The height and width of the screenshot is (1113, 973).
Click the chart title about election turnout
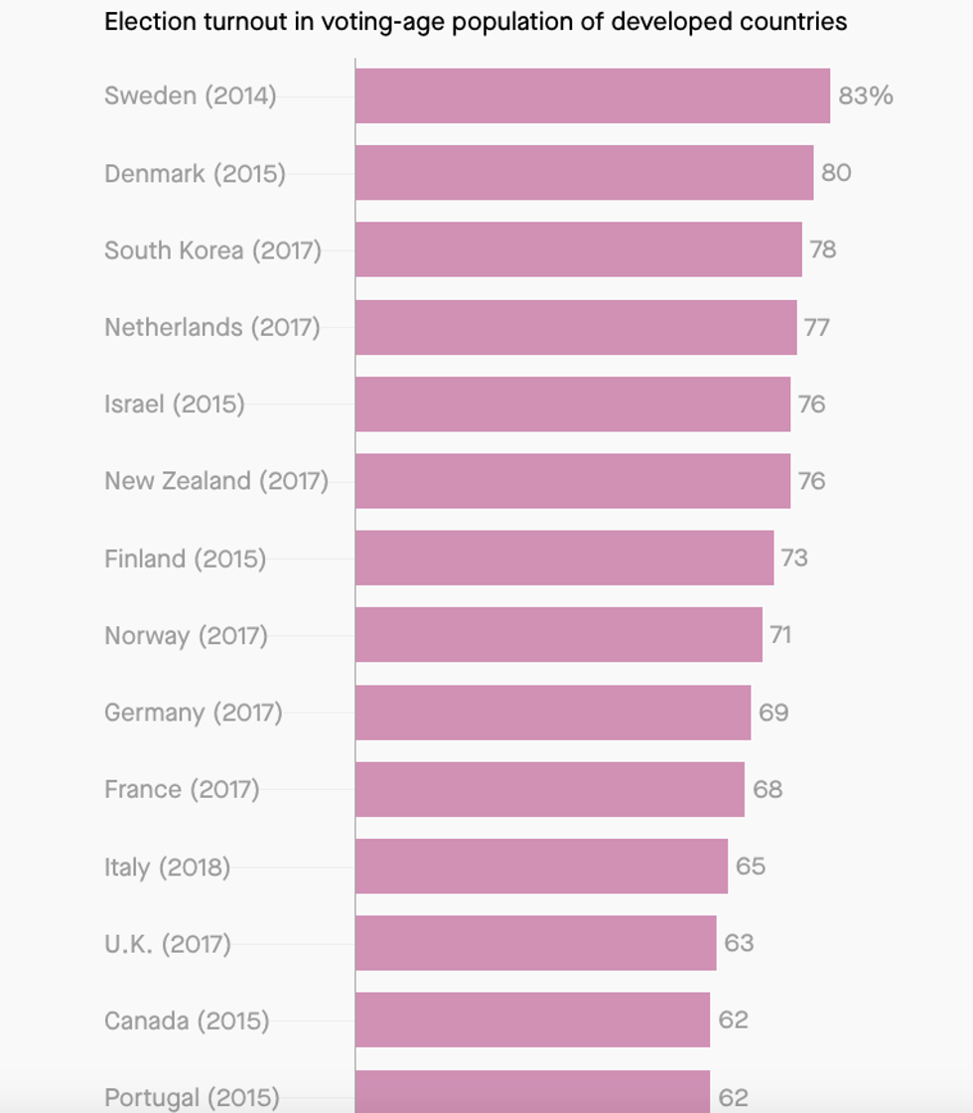[x=476, y=22]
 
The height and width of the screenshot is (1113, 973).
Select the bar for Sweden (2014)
[x=592, y=95]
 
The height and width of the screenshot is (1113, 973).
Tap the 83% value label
[x=866, y=95]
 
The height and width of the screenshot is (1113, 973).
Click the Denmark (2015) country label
[x=195, y=173]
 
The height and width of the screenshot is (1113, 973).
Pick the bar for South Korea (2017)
[x=578, y=249]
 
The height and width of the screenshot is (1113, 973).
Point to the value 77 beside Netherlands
[x=816, y=327]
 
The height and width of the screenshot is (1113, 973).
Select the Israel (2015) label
[x=174, y=403]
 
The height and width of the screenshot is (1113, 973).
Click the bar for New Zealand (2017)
[x=572, y=481]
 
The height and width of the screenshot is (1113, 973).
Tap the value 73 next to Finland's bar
[x=794, y=557]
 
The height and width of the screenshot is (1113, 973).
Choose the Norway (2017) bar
[x=558, y=635]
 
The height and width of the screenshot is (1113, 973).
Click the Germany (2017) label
[x=194, y=713]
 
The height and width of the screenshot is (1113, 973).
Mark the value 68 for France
[x=767, y=789]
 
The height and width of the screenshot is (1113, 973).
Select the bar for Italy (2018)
[x=541, y=866]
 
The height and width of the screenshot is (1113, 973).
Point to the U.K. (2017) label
[x=168, y=943]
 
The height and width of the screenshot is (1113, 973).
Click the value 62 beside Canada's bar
[x=733, y=1020]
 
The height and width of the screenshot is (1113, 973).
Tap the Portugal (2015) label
[x=192, y=1097]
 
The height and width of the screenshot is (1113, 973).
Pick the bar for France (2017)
[x=549, y=789]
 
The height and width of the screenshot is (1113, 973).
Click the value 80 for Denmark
[x=836, y=173]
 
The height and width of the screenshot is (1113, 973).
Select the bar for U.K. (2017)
[x=535, y=943]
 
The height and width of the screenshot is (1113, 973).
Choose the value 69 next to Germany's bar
[x=773, y=713]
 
